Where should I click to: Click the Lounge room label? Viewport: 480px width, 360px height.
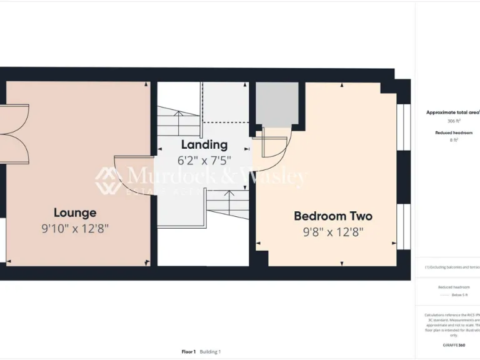(x=75, y=212)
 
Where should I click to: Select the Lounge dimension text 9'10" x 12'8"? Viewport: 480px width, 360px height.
(x=75, y=229)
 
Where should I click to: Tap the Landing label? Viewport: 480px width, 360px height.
(x=204, y=145)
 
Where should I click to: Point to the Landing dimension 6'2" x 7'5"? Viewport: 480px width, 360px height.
(x=204, y=161)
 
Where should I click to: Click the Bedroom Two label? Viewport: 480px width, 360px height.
(x=333, y=216)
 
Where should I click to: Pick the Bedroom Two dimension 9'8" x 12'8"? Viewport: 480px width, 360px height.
(x=333, y=232)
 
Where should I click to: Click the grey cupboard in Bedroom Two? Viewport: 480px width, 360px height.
(x=277, y=104)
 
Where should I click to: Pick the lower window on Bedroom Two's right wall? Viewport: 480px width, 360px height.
(x=403, y=226)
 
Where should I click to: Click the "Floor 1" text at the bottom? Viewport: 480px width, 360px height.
(x=189, y=352)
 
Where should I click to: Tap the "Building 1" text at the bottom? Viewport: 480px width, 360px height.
(x=211, y=352)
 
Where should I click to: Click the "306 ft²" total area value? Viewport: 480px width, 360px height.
(x=454, y=121)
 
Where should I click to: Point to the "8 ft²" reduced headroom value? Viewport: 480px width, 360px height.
(x=454, y=141)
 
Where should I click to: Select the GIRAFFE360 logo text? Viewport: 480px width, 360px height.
(x=454, y=345)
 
